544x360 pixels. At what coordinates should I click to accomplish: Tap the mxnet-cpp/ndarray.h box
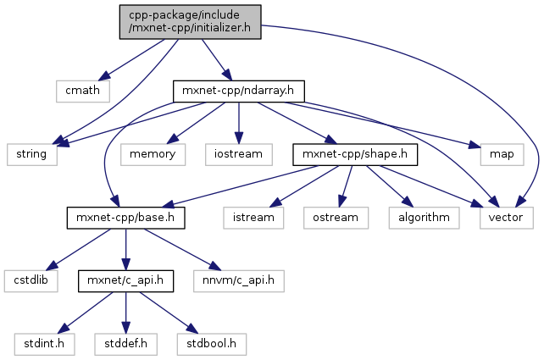[x=237, y=89]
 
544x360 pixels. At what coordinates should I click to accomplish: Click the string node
[x=31, y=153]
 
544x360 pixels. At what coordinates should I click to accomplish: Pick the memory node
[x=152, y=153]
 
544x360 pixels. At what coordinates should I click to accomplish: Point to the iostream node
[x=238, y=153]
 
